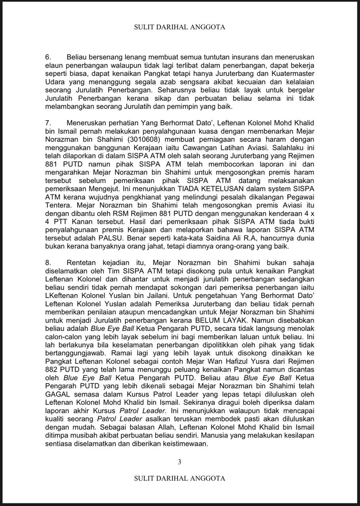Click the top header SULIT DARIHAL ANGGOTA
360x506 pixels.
(180, 27)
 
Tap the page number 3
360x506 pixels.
(180, 462)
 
